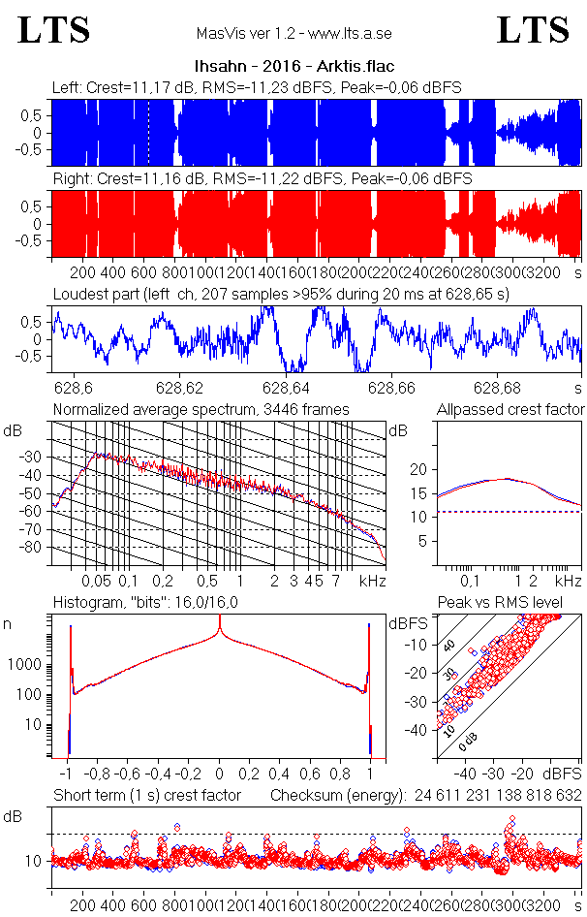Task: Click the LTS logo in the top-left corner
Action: (54, 30)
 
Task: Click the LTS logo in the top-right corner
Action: (533, 30)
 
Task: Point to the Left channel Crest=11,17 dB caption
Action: (256, 88)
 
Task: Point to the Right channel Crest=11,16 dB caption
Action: (262, 179)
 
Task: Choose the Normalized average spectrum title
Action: (201, 410)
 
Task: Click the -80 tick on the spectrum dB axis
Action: (32, 548)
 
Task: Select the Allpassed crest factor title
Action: (510, 410)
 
